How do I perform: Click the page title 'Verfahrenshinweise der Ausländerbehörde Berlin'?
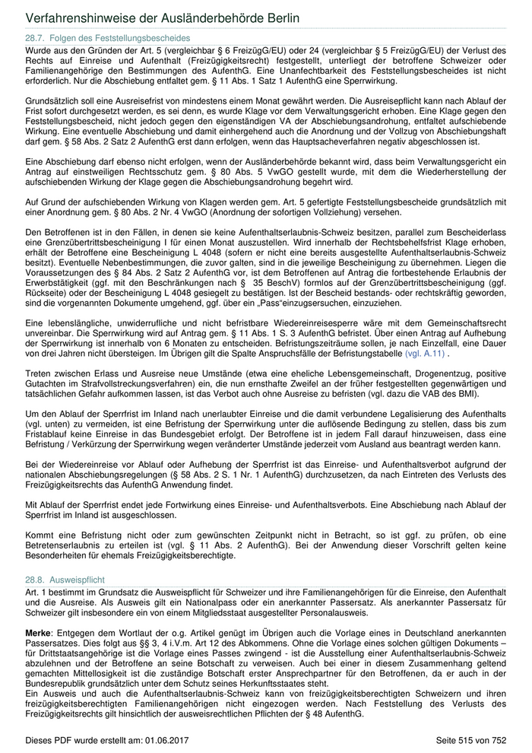coord(163,17)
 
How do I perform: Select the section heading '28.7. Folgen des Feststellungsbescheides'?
coord(108,38)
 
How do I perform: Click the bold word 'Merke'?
coord(38,633)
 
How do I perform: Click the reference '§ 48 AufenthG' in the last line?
coord(329,716)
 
